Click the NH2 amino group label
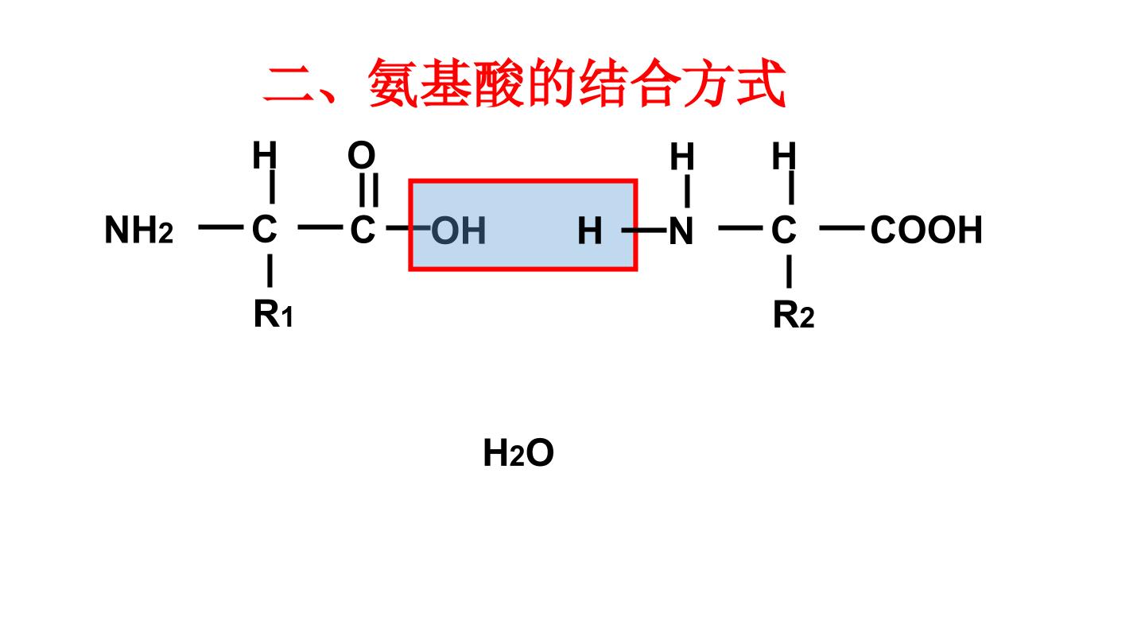click(138, 230)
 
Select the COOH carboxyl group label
click(926, 230)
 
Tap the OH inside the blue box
click(459, 231)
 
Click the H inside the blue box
click(590, 231)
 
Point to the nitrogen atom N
click(681, 231)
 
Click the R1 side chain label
click(274, 313)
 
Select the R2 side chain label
click(794, 314)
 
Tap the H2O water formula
click(518, 453)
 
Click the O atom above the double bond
click(361, 155)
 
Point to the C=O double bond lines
click(369, 190)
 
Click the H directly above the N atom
click(682, 157)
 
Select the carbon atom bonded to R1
click(264, 229)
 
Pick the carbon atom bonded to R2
click(784, 229)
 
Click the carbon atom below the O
click(363, 229)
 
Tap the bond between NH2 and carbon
click(221, 227)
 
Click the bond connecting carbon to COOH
click(842, 228)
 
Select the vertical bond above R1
click(270, 271)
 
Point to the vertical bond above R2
click(790, 271)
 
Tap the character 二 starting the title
click(289, 84)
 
